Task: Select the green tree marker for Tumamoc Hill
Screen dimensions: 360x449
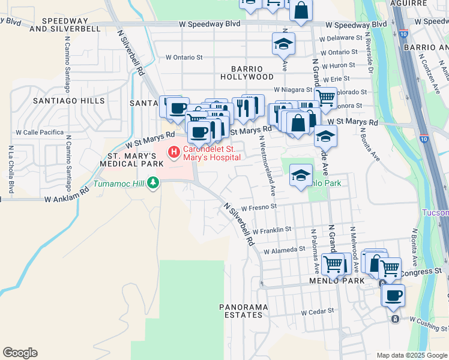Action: click(x=153, y=182)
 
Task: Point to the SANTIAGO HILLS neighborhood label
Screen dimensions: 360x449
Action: click(x=68, y=101)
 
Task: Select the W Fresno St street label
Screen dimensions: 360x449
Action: click(x=258, y=208)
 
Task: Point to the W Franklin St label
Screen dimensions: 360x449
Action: click(x=271, y=229)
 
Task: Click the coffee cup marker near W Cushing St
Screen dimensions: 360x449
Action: click(x=393, y=295)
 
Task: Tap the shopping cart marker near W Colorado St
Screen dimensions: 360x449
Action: click(x=325, y=97)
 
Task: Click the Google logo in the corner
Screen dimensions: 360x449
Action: click(x=20, y=353)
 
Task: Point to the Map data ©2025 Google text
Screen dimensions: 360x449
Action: click(x=411, y=355)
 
